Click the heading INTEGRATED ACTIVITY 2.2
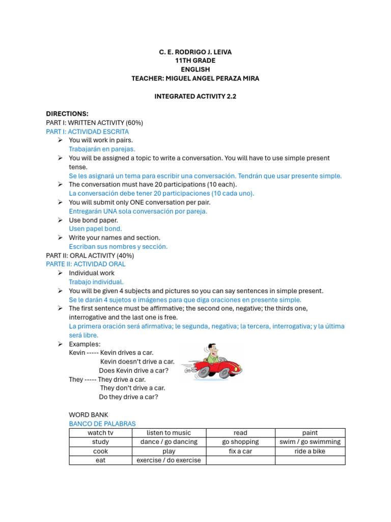coord(195,96)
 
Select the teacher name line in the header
coord(195,78)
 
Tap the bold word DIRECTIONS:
coord(67,114)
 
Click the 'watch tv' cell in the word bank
coord(100,433)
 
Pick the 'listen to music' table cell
coord(169,433)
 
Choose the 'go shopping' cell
coord(240,442)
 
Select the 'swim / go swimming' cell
coord(310,442)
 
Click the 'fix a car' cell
coord(240,451)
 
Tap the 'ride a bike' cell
coord(310,451)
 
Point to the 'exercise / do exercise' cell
coord(169,460)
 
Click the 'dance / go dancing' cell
coord(169,442)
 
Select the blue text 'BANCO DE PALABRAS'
coord(102,424)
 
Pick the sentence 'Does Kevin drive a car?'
coord(133,371)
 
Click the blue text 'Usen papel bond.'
coord(95,229)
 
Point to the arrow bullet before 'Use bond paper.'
coord(60,220)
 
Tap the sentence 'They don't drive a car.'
coord(132,388)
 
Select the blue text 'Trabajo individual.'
coord(96,282)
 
